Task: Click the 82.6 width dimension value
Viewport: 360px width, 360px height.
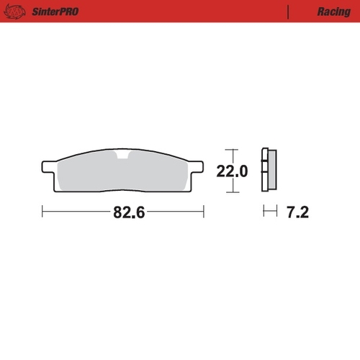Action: (x=124, y=213)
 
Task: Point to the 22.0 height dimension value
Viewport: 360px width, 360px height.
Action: (x=232, y=171)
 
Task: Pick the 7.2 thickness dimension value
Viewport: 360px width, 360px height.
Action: (x=297, y=213)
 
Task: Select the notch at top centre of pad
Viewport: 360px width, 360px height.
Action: (x=124, y=156)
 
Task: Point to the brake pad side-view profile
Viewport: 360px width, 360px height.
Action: (x=269, y=171)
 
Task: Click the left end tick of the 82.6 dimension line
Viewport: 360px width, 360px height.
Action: (x=43, y=212)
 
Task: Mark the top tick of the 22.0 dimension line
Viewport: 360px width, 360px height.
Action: (x=232, y=149)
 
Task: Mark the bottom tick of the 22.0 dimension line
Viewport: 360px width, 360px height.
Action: (x=232, y=193)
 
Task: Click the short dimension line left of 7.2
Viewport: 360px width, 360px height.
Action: (x=269, y=212)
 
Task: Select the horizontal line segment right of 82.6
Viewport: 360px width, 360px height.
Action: (x=174, y=212)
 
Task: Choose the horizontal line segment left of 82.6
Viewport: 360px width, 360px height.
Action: (x=75, y=212)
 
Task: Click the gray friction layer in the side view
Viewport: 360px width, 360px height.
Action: (x=271, y=171)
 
